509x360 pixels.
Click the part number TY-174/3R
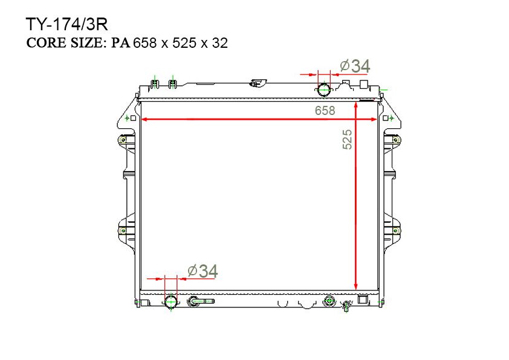click(66, 24)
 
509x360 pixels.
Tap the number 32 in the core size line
click(220, 43)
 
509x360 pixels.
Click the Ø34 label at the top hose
click(355, 67)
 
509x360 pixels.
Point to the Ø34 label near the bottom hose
click(203, 271)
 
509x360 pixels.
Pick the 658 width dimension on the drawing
click(325, 111)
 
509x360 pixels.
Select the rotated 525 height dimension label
click(347, 139)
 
